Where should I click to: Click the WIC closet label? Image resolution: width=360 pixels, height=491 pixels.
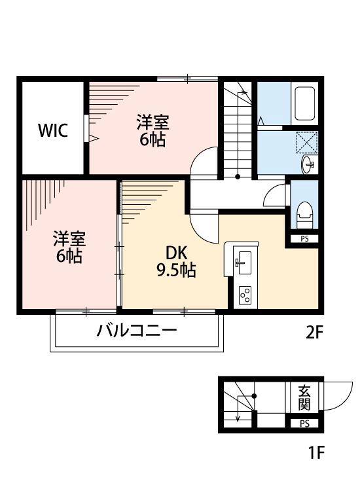[53, 130]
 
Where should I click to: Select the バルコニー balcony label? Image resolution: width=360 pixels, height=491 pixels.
[137, 330]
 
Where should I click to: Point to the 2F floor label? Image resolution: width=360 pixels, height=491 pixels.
[315, 333]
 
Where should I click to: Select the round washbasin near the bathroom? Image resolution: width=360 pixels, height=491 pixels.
[308, 166]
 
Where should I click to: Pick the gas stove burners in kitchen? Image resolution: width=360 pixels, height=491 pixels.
[245, 295]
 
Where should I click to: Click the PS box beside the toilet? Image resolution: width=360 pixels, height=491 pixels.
[304, 239]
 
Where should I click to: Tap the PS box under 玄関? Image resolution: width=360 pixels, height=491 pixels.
[305, 423]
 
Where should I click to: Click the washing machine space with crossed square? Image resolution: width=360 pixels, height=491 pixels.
[306, 142]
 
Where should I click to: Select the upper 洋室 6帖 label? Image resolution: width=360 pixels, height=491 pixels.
[153, 130]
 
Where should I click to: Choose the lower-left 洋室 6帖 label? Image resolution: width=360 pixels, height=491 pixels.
[68, 247]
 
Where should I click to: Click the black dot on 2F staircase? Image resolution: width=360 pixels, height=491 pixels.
[238, 177]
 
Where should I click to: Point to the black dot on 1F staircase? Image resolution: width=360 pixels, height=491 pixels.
[255, 395]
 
